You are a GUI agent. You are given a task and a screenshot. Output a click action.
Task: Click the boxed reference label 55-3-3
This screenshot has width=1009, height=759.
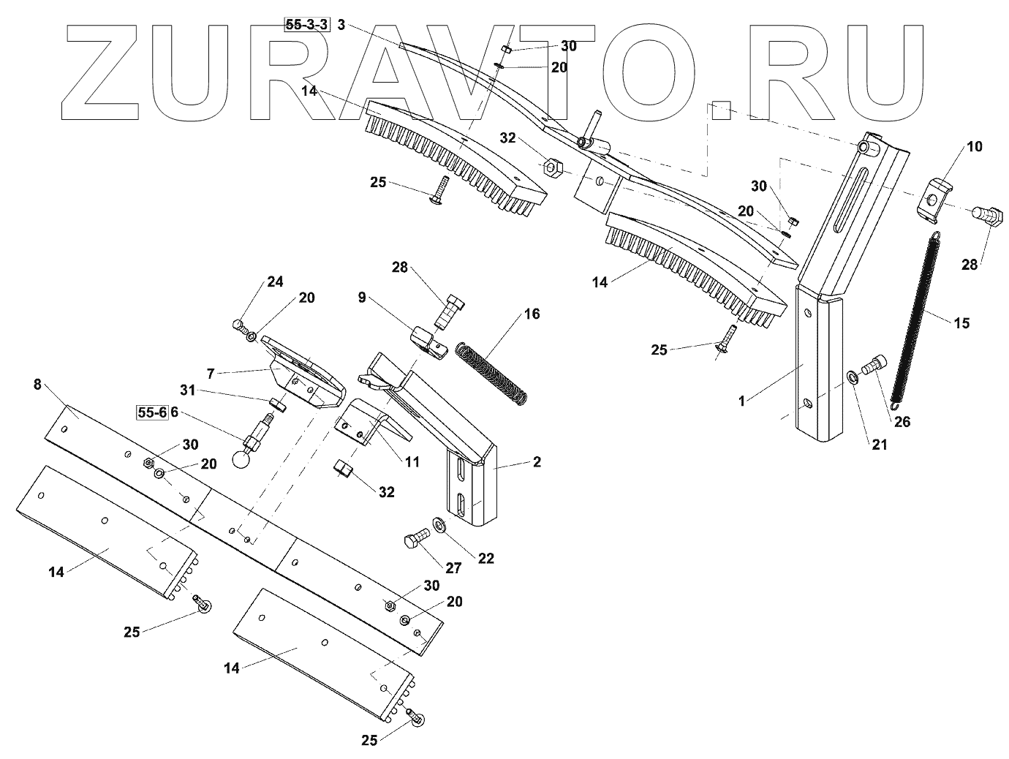point(307,25)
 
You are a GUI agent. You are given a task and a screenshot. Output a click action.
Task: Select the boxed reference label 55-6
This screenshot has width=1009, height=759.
point(151,412)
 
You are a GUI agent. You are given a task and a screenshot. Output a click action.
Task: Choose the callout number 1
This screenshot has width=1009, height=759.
point(741,401)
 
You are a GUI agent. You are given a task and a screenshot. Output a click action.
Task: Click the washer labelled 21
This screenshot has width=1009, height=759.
point(853,377)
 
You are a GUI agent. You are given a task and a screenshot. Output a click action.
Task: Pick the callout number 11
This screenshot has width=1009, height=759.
point(412,461)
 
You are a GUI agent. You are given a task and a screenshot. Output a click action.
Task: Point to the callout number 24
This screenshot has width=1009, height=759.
point(254,282)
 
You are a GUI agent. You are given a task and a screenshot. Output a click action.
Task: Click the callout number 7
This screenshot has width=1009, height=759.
point(210,374)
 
